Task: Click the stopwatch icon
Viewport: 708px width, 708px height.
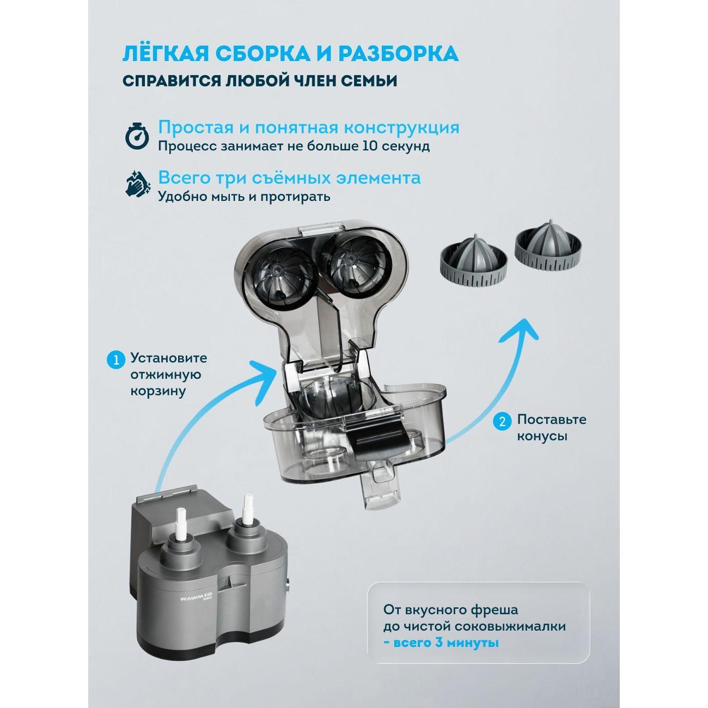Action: point(137,136)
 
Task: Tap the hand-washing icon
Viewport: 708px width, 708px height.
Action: point(137,184)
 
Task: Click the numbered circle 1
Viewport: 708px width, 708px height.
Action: point(115,359)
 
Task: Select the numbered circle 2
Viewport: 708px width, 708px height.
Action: point(502,421)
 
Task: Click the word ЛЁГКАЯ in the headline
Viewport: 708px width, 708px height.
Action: point(164,54)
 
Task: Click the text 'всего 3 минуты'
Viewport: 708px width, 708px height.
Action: point(441,643)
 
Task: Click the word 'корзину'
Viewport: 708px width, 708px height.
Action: point(157,392)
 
